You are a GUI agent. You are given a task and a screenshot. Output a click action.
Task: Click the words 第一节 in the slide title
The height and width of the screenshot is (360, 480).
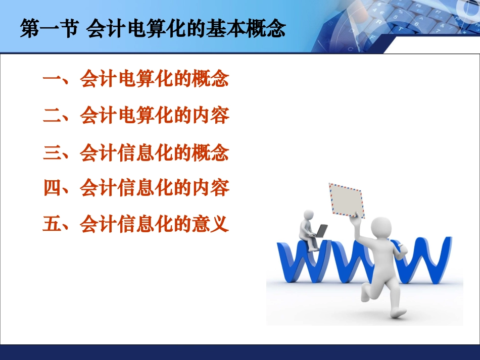(48, 29)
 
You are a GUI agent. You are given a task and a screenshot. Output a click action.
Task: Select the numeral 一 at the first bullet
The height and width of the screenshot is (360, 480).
(52, 80)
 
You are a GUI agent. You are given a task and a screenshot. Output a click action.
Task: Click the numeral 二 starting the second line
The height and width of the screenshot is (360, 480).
(52, 117)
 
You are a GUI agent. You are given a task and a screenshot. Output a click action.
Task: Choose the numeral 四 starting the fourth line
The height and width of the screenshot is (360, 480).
(52, 188)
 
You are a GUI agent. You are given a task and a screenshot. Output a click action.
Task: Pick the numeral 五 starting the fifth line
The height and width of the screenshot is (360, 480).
(52, 224)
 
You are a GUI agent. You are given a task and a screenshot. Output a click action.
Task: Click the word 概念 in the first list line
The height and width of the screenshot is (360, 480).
(211, 80)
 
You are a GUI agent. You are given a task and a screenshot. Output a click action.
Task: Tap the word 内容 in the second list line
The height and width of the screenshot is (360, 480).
(211, 117)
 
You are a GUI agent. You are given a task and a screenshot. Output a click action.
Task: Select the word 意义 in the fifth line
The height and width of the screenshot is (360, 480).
(211, 224)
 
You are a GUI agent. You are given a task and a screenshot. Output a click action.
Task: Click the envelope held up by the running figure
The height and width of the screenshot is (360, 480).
(347, 199)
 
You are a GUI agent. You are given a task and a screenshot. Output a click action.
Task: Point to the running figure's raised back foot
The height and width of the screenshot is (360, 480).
(397, 312)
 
